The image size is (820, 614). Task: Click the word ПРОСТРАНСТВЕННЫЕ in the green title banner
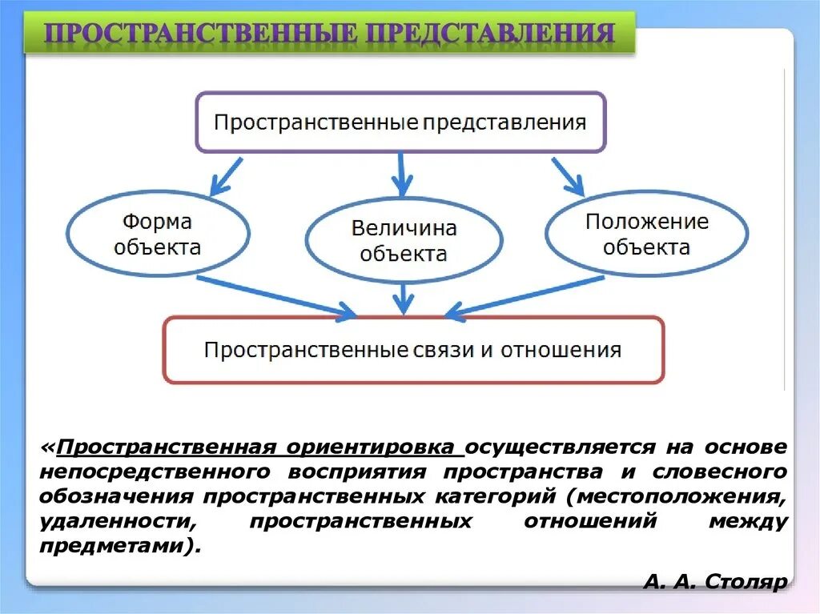coord(201,34)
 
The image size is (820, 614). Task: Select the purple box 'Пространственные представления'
coord(400,122)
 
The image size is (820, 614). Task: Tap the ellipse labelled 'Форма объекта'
coord(157,233)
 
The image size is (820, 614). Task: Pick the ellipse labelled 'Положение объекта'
coord(646,233)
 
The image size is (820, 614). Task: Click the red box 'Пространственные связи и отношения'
coord(412,350)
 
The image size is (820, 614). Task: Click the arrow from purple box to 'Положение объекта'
coord(568,176)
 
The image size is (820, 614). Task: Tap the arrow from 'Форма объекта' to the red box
coord(275,296)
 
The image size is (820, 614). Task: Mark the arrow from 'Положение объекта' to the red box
coord(525,296)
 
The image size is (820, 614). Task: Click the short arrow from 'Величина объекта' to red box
coord(403,299)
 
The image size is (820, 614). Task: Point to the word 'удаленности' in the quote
coord(117,522)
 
